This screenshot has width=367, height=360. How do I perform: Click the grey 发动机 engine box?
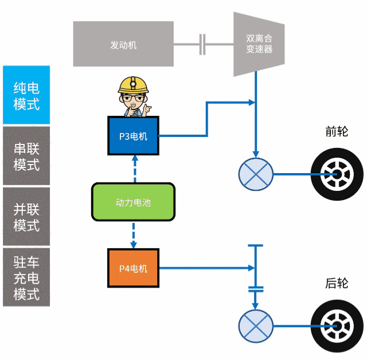(x=123, y=44)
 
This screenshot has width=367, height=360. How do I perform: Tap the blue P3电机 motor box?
(x=133, y=136)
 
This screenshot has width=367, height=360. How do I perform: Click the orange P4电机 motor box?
(x=133, y=268)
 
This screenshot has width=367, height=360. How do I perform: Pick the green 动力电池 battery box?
(x=133, y=202)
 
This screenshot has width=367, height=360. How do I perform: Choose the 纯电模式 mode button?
(x=26, y=95)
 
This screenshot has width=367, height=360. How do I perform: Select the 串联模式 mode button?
(x=26, y=156)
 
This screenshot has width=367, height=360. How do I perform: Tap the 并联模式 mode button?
(x=26, y=217)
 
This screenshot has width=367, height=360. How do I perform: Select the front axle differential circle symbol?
(x=256, y=173)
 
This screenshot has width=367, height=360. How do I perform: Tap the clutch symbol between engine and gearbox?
(x=202, y=44)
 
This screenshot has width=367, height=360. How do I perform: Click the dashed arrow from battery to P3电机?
(x=135, y=169)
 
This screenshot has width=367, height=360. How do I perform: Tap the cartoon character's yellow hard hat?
(x=133, y=85)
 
